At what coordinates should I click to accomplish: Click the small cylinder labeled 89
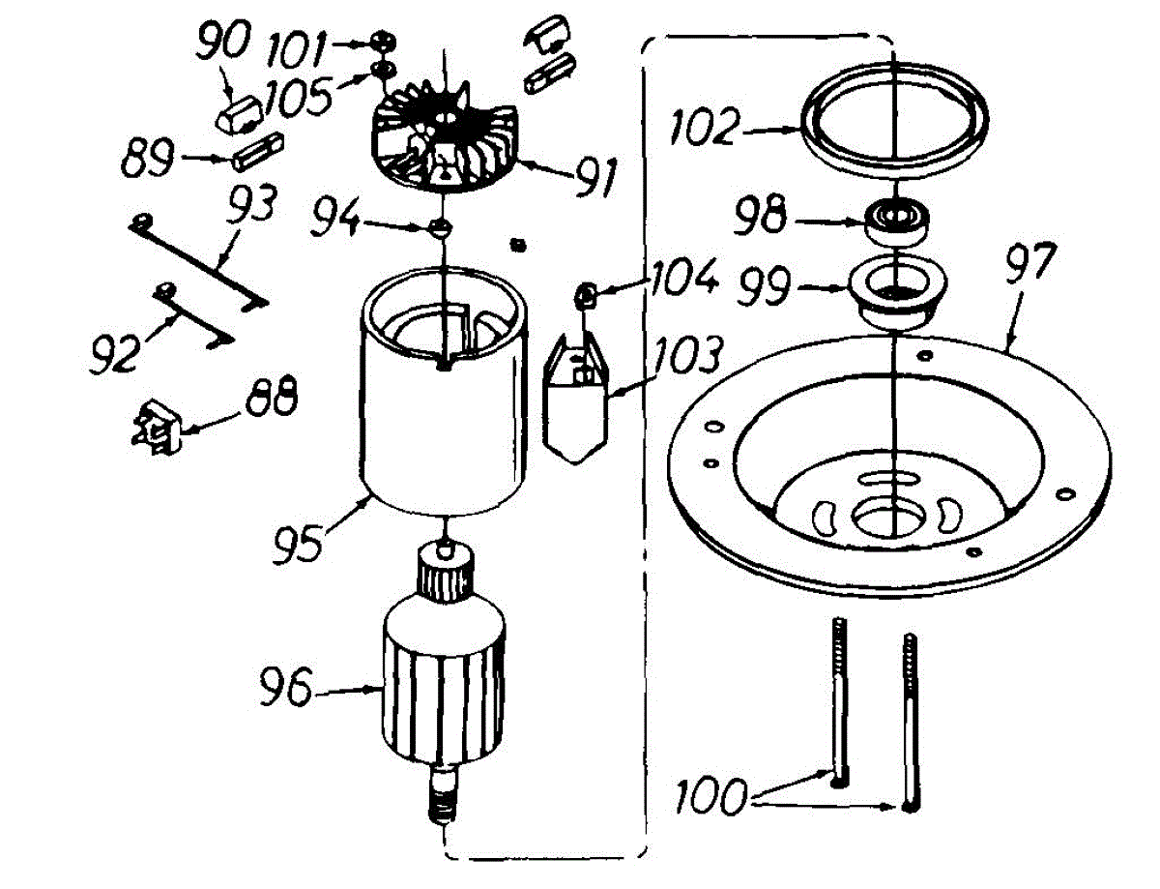[x=258, y=154]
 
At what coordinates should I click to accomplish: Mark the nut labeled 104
[x=585, y=292]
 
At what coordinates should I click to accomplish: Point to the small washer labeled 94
[x=440, y=227]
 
